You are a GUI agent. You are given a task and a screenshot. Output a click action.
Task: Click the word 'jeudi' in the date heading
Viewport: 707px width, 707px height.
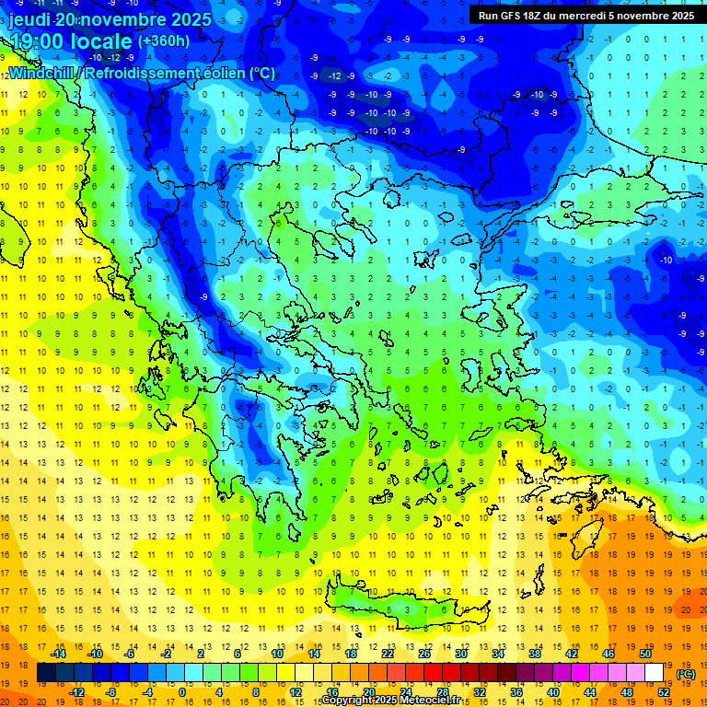pos(31,19)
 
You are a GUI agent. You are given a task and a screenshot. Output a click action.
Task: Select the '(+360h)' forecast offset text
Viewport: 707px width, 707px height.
pos(164,41)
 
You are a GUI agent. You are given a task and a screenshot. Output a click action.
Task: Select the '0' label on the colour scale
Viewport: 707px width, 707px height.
pos(181,692)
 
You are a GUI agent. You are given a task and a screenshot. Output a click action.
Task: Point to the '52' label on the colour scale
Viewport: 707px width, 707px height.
pos(664,692)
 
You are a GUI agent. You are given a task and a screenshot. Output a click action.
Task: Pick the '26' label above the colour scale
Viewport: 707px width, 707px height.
pos(424,654)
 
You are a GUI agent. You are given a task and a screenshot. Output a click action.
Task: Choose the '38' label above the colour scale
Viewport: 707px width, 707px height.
pos(534,654)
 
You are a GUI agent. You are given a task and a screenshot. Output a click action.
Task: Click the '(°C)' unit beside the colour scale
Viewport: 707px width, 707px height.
pos(686,673)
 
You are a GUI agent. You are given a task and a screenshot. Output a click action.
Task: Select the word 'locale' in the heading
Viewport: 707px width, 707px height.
pos(103,41)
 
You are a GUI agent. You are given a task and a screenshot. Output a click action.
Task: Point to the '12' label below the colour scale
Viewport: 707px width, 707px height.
pos(296,692)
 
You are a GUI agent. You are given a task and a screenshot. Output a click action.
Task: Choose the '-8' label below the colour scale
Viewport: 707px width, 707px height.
pos(111,692)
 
